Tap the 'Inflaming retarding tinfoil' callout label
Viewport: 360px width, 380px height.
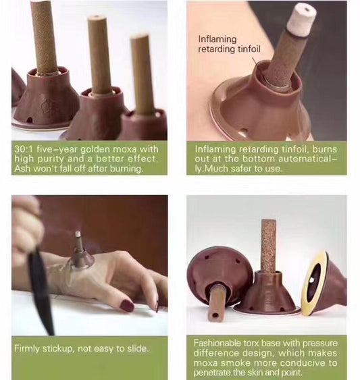coord(229,44)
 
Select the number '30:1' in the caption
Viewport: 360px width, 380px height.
coord(24,148)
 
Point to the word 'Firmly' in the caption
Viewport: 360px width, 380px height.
coord(27,349)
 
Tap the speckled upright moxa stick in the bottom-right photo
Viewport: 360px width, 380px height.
coord(269,245)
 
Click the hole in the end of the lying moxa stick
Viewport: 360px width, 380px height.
coord(215,315)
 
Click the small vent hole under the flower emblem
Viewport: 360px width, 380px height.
coord(30,119)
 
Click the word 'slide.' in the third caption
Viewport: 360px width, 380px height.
coord(138,349)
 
